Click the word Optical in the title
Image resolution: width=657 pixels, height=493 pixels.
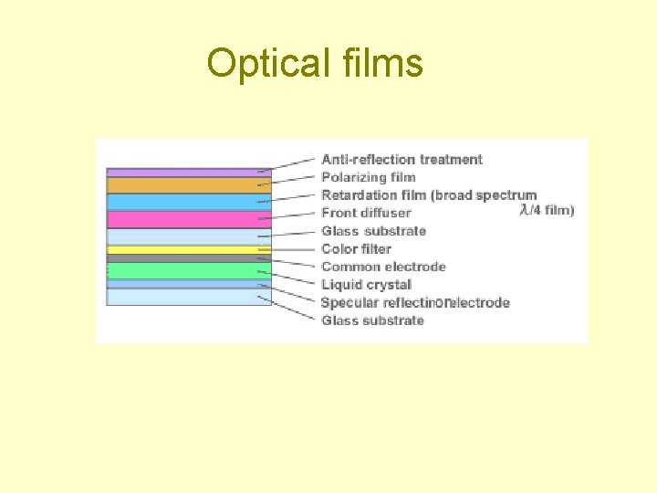click(x=265, y=64)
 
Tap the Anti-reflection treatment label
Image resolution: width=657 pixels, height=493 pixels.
click(x=401, y=159)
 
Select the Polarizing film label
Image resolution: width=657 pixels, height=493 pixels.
click(x=368, y=177)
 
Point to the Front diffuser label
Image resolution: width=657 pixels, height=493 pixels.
click(x=366, y=213)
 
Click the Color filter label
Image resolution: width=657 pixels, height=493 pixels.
click(x=356, y=248)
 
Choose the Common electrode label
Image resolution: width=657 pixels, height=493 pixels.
click(x=383, y=267)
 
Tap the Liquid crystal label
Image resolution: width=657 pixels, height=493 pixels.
click(x=366, y=285)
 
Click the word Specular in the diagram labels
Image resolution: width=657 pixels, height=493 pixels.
click(x=350, y=302)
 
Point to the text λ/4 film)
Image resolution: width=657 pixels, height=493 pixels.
click(x=547, y=210)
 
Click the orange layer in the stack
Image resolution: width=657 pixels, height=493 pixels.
click(x=189, y=185)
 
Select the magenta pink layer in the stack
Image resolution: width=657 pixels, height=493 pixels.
click(x=189, y=219)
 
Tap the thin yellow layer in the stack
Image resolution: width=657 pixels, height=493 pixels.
click(x=189, y=249)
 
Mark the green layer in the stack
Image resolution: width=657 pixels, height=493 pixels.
click(x=189, y=270)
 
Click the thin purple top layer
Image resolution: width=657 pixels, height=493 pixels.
click(x=189, y=172)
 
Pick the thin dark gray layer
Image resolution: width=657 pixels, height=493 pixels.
click(x=189, y=258)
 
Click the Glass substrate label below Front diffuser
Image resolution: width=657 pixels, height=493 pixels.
click(x=373, y=231)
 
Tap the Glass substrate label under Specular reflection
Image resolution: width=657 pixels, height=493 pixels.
click(x=372, y=320)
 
